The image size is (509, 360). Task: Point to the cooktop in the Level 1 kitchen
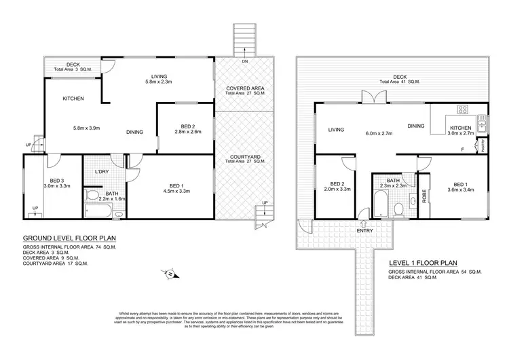click(464, 109)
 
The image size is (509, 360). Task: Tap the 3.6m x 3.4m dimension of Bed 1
click(460, 191)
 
